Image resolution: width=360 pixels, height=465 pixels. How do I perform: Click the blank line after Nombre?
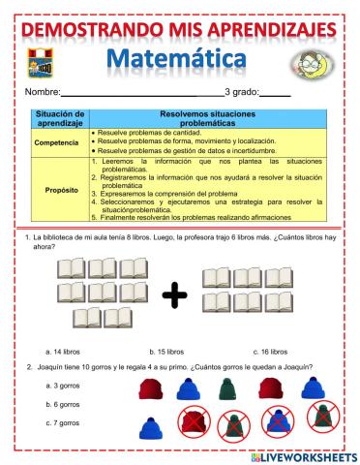140,94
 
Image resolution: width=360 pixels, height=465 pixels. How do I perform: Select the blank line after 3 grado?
276,94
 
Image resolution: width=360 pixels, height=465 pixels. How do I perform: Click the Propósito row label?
62,189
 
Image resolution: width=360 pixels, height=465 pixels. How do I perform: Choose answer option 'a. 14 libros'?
64,352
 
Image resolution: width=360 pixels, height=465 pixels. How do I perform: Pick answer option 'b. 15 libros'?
166,352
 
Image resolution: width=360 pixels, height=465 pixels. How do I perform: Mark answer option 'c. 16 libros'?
269,352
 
